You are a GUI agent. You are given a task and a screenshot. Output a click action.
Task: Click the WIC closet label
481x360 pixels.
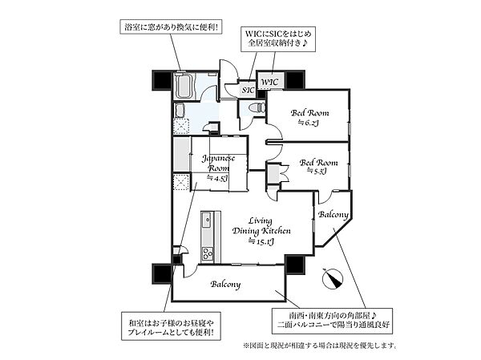coord(268,82)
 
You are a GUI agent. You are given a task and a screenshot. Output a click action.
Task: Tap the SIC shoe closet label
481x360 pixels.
coord(248,90)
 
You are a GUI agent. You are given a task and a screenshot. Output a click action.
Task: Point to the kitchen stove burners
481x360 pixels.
coord(206,253)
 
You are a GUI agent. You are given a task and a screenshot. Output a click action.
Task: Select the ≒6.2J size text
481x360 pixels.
coord(309,123)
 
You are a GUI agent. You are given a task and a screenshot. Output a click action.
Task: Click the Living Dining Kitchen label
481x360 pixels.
coord(261,224)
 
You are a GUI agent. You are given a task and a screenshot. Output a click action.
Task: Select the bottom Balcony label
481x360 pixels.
coord(227,285)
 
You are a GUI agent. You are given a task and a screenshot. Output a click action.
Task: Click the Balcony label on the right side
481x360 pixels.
coord(333,216)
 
